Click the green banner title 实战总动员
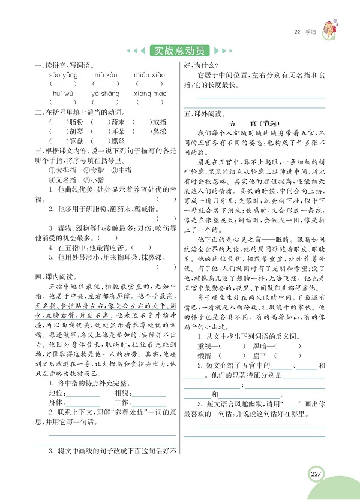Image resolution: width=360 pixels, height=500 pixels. tap(179, 50)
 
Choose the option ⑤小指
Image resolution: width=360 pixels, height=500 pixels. tap(92, 178)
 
